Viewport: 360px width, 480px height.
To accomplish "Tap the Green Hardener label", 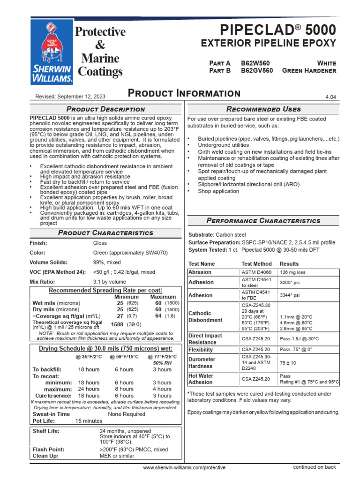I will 309,70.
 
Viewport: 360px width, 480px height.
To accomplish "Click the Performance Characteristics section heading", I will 263,220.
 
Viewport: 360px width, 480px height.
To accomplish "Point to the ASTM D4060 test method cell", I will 256,272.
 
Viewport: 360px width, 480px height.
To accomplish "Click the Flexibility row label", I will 201,350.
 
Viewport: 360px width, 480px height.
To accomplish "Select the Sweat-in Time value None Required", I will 127,414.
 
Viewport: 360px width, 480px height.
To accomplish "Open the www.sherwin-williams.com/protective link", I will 184,467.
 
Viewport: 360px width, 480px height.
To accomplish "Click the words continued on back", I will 315,467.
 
